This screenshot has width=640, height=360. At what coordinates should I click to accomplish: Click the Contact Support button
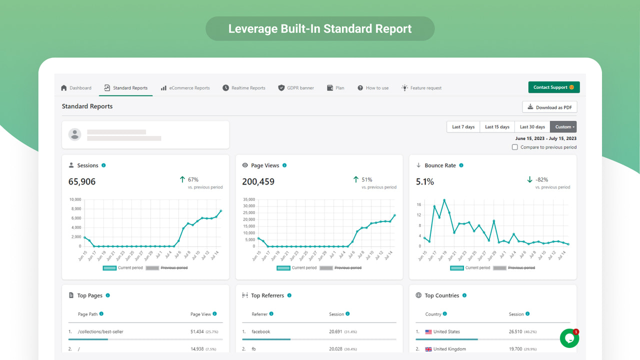click(x=553, y=87)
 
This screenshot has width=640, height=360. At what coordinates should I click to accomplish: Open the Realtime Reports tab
click(x=244, y=88)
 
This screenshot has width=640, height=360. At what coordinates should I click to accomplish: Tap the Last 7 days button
click(x=463, y=127)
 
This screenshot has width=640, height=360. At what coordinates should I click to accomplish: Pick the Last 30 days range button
click(x=532, y=127)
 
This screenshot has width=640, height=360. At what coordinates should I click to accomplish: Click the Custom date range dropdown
click(x=563, y=127)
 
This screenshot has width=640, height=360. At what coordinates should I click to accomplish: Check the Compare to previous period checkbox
click(x=514, y=147)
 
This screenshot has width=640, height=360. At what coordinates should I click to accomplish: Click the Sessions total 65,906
click(x=82, y=182)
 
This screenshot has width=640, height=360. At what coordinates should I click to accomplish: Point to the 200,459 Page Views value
click(x=258, y=182)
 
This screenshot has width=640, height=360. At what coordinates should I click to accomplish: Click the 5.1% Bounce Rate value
click(x=425, y=182)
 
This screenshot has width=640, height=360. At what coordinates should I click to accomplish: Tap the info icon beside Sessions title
click(x=103, y=165)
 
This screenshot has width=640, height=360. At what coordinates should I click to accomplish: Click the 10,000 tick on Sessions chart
click(x=75, y=199)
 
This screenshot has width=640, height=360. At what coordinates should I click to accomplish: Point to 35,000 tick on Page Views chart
click(x=248, y=199)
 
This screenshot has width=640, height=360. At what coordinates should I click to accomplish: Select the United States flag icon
click(x=428, y=332)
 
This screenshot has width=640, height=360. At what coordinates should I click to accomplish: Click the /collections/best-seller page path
click(x=100, y=332)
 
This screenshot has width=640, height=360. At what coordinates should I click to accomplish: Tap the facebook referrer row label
click(x=261, y=332)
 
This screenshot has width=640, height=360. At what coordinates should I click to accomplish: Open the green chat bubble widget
click(x=569, y=338)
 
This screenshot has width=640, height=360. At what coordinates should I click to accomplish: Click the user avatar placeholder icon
click(x=75, y=134)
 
